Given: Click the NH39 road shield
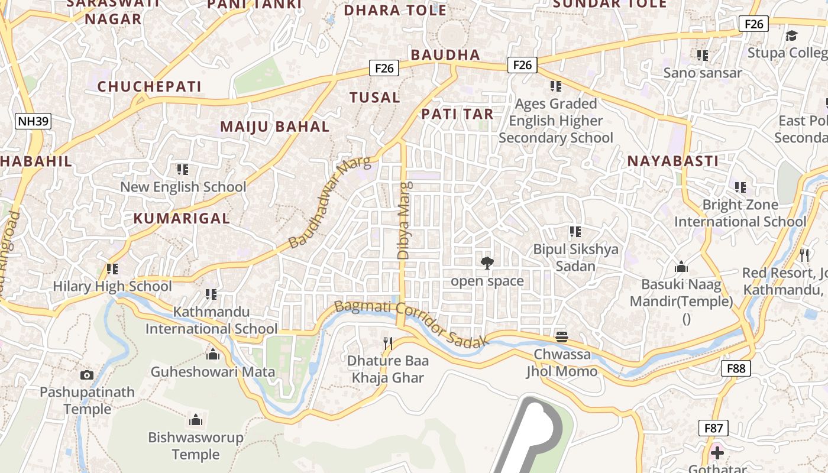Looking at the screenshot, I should (x=34, y=122).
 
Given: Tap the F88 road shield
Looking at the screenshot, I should (x=736, y=368).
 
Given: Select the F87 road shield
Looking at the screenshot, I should (x=713, y=428).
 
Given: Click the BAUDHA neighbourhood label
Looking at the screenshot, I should (x=445, y=55).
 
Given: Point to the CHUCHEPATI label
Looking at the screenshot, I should (x=150, y=86).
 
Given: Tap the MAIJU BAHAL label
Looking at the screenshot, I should (x=275, y=127).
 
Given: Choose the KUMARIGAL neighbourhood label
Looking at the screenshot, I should (x=182, y=218).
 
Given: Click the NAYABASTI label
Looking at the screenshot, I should (x=673, y=161).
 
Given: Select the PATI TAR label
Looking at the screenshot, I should (x=457, y=114).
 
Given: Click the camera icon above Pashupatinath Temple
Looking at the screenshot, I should (x=87, y=375).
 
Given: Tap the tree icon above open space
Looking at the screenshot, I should (x=487, y=263).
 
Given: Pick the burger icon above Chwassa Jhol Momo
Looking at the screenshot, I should (x=562, y=337).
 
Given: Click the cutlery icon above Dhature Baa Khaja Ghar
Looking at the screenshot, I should (x=388, y=343).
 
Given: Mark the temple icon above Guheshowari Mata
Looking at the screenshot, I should (x=212, y=354).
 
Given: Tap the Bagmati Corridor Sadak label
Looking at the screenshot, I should (x=412, y=325).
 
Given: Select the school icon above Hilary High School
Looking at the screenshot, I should (x=112, y=269).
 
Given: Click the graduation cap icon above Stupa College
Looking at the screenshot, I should (x=791, y=35).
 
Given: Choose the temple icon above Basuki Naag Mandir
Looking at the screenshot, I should (x=681, y=267).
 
